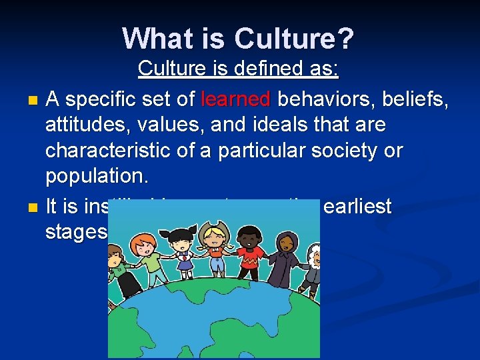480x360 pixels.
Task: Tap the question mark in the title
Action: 346,38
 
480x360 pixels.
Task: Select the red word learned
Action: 235,100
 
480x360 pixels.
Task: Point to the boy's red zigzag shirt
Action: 248,259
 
